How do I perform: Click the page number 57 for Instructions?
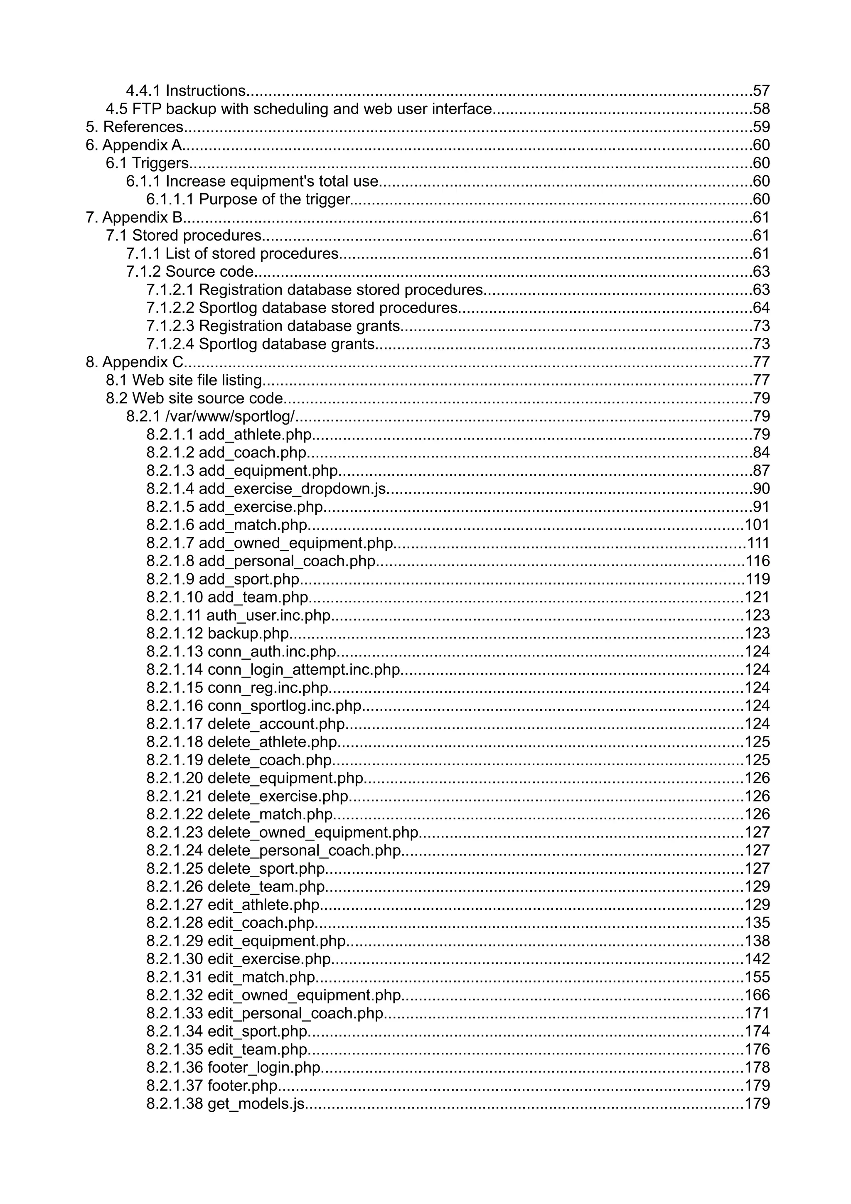tap(761, 91)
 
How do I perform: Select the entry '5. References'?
tap(134, 127)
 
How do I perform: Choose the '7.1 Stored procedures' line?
tap(184, 236)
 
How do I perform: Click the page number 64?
tap(761, 308)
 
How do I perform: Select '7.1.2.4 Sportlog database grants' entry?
tap(261, 344)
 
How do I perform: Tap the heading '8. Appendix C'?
tap(135, 362)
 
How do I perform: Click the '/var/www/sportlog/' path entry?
tap(230, 416)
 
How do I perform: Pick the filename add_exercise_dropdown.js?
tap(292, 489)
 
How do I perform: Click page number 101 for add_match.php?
tap(757, 525)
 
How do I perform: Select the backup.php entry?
tap(248, 634)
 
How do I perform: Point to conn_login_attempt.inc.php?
tap(304, 670)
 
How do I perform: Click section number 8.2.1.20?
tap(175, 778)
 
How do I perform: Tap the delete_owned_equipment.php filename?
tap(313, 832)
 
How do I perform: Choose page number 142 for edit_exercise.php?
tap(757, 959)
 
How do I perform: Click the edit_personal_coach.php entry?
tap(296, 1013)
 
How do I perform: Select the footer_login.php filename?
tap(264, 1068)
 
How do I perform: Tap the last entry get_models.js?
tap(256, 1104)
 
